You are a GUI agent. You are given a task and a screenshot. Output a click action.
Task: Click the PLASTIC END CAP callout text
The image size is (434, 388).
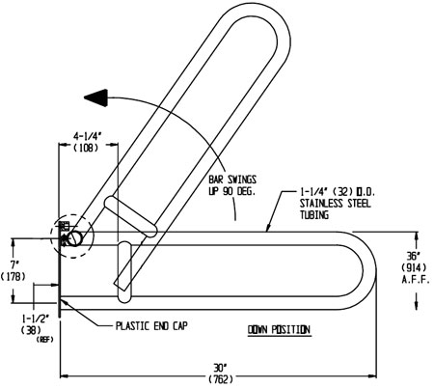pyautogui.click(x=151, y=325)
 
